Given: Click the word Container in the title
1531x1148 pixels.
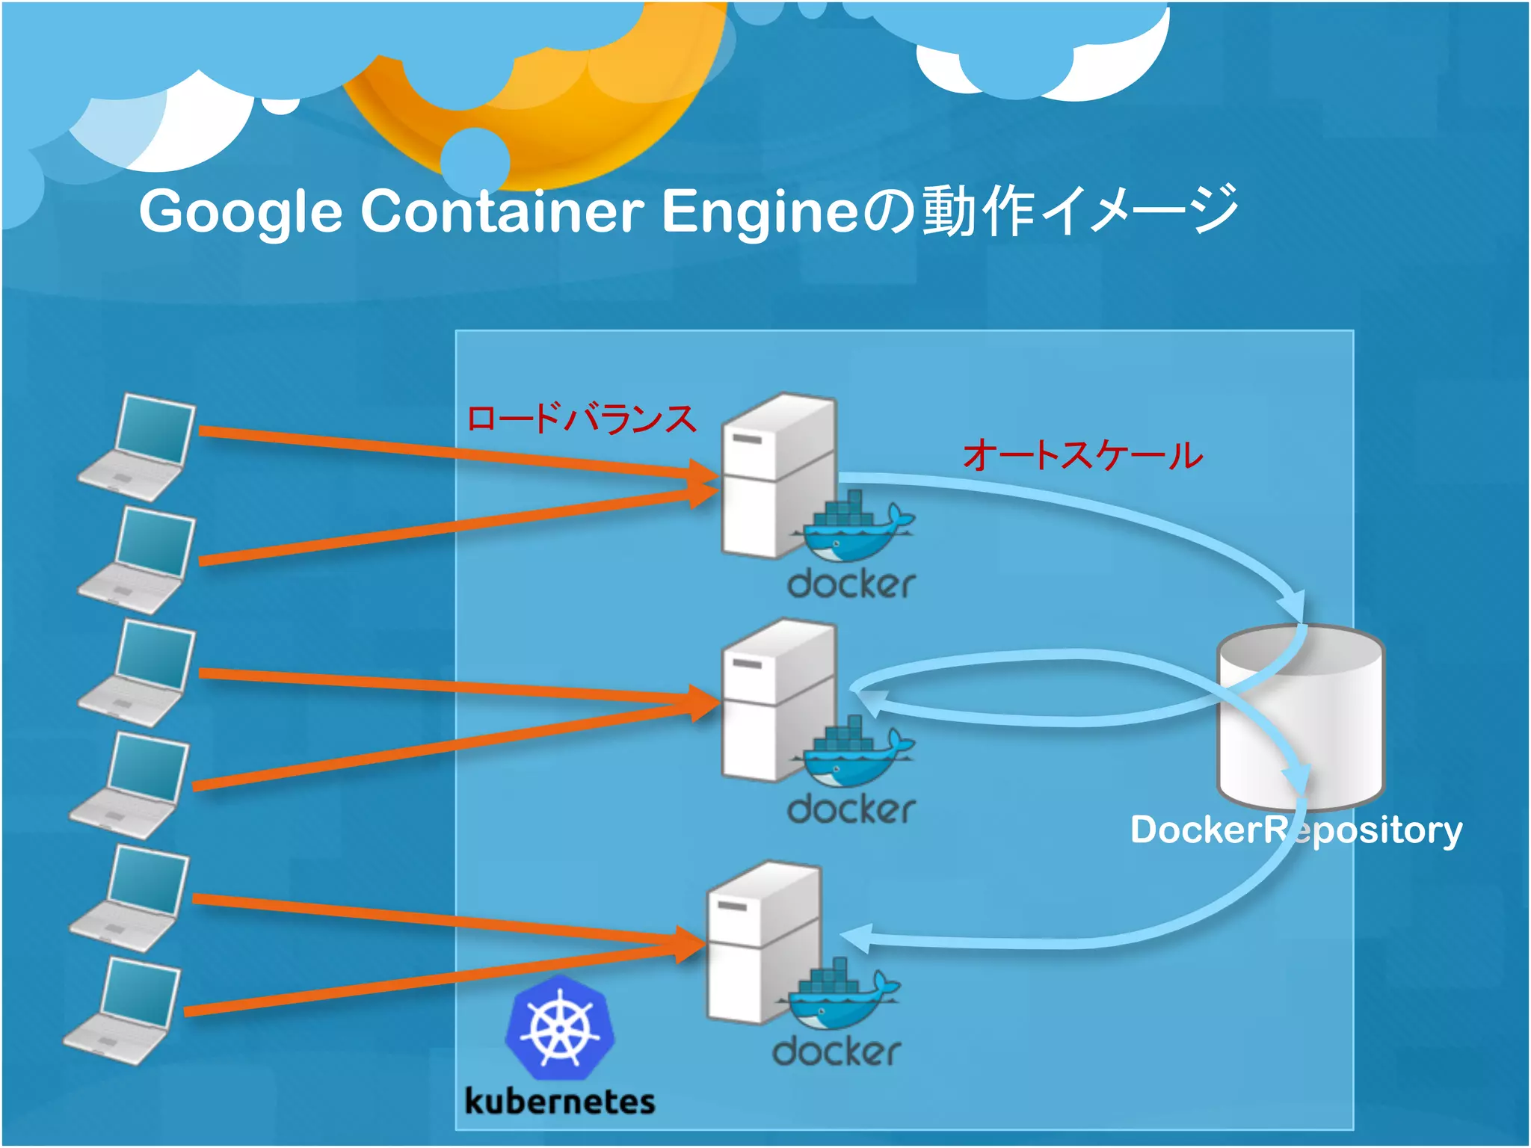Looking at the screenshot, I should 502,212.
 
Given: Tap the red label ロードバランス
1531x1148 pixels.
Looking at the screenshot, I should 582,419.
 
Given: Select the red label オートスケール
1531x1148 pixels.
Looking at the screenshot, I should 1083,455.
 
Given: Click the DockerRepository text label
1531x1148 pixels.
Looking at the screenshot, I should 1296,830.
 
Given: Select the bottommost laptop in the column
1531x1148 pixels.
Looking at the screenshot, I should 123,1013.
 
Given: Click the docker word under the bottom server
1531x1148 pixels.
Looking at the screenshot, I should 836,1052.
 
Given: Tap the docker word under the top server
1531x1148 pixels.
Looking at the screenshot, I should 851,584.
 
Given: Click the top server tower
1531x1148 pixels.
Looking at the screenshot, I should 777,476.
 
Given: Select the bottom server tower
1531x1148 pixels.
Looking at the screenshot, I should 763,943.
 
